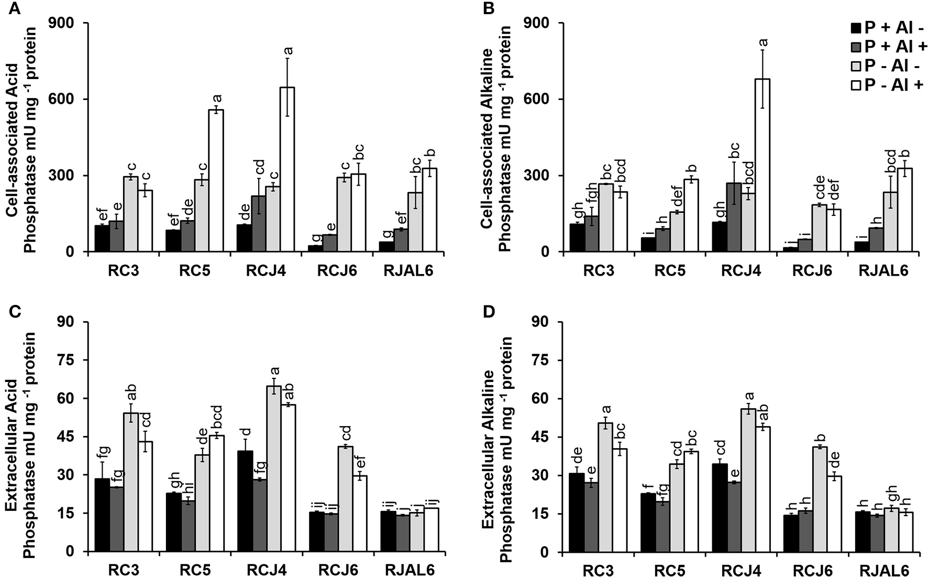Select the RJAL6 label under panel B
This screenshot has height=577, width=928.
coord(883,271)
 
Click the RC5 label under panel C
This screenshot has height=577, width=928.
coord(195,570)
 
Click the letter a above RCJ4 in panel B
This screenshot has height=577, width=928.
coord(763,41)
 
